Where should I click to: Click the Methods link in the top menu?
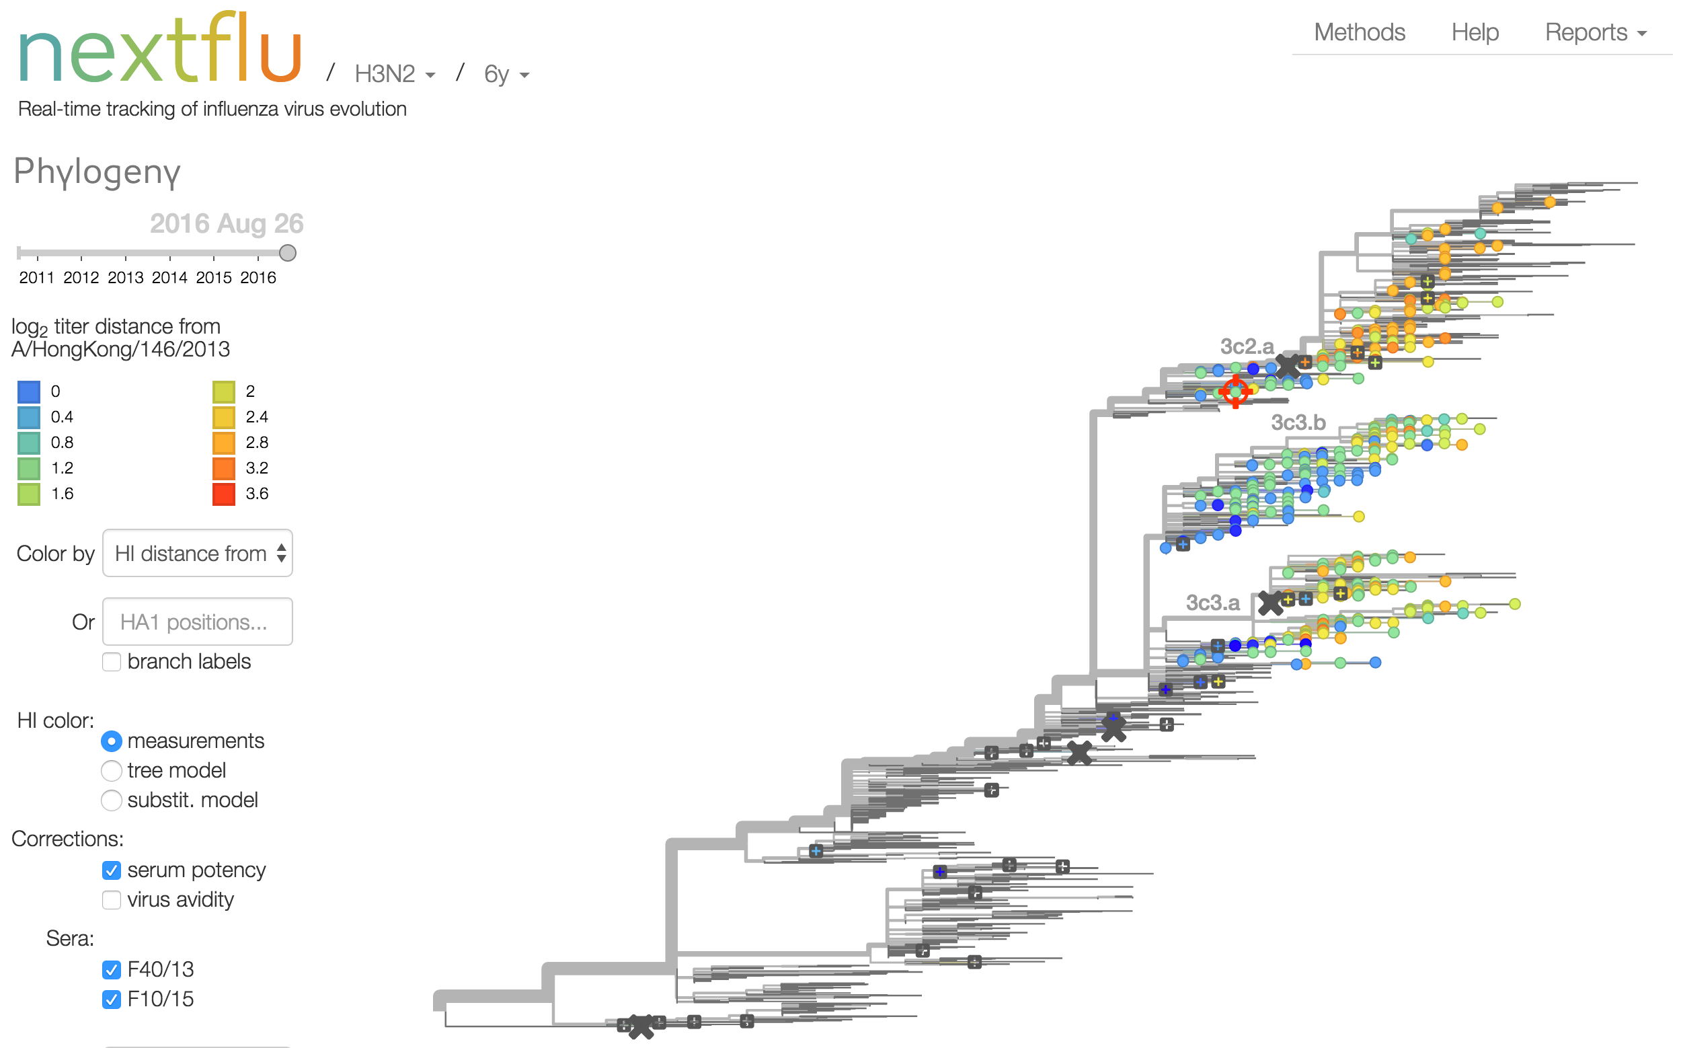[x=1360, y=32]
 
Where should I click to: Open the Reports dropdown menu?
[x=1595, y=32]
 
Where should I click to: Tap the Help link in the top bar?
[x=1475, y=32]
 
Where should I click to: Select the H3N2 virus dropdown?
[x=394, y=73]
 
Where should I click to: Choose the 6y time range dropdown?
[x=506, y=73]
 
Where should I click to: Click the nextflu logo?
[x=160, y=48]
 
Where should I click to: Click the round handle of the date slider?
[x=288, y=253]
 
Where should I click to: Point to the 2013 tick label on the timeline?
[x=126, y=277]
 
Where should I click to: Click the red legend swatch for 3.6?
[x=224, y=494]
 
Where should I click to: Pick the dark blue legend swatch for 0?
[x=28, y=391]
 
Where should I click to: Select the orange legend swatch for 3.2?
[x=224, y=469]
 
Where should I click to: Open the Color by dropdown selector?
[x=198, y=553]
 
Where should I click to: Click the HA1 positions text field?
[x=198, y=622]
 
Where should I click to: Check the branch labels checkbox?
[x=112, y=662]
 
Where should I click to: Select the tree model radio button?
[x=112, y=771]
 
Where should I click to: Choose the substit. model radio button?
[x=112, y=800]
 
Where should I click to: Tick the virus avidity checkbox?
[x=112, y=899]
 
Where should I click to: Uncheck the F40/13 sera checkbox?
[x=112, y=970]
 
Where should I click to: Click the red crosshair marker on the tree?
[x=1235, y=392]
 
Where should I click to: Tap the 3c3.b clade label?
[x=1298, y=422]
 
